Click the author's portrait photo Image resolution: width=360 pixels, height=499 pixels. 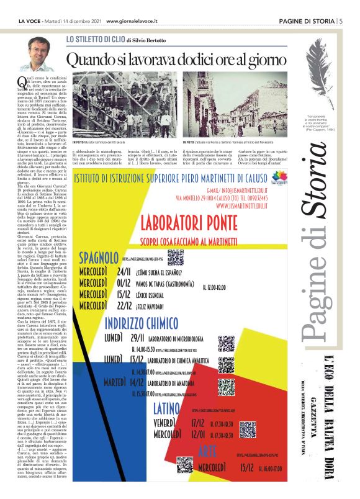coord(40,53)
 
